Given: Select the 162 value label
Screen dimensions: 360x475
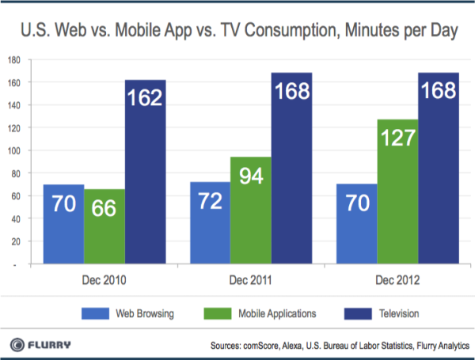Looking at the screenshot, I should click(146, 99).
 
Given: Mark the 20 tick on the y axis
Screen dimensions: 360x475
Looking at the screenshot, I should click(17, 242).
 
